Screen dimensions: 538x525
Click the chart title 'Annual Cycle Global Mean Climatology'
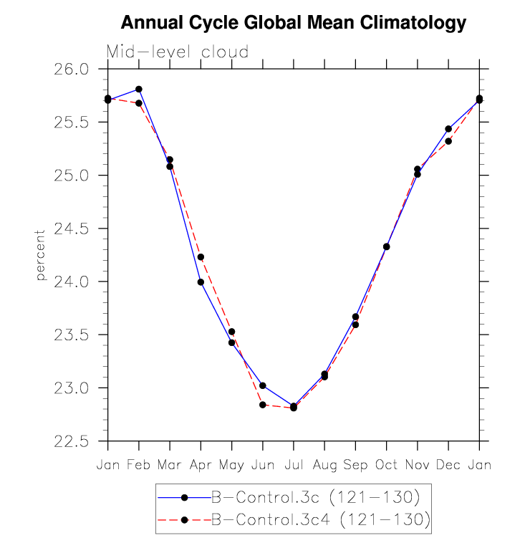pos(293,23)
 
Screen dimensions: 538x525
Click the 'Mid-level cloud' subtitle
pos(178,52)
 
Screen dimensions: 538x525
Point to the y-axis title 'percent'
pos(41,255)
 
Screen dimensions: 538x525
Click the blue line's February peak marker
pos(139,90)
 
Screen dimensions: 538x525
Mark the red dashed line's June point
pos(263,405)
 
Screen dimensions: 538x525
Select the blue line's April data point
pos(201,282)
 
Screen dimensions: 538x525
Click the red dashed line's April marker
pos(201,257)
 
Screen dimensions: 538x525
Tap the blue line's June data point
pos(263,385)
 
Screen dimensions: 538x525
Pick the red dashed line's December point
pos(448,141)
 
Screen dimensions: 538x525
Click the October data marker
pos(387,246)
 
